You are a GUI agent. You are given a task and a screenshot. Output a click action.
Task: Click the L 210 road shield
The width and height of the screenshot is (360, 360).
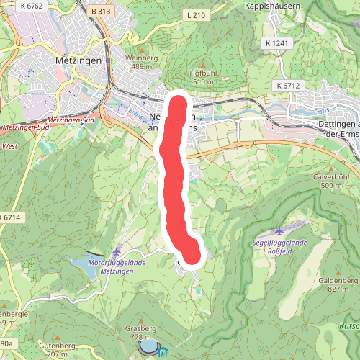tap(196, 15)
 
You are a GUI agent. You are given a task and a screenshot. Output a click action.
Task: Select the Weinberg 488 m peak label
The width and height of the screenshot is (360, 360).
tap(142, 62)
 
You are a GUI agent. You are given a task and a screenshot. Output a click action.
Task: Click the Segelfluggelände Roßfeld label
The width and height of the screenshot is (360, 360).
tap(281, 247)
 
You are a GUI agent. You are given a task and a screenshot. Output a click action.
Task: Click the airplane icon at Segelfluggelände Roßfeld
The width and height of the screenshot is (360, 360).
tap(279, 232)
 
